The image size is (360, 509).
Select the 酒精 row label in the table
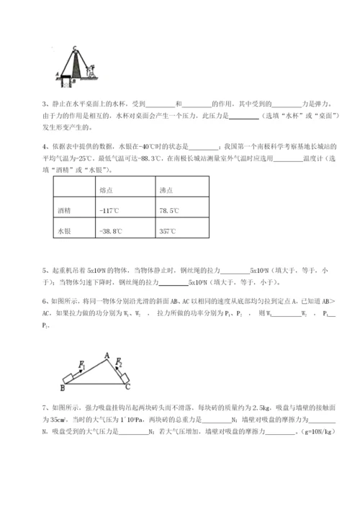pyautogui.click(x=65, y=210)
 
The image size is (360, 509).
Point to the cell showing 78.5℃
pyautogui.click(x=170, y=210)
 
